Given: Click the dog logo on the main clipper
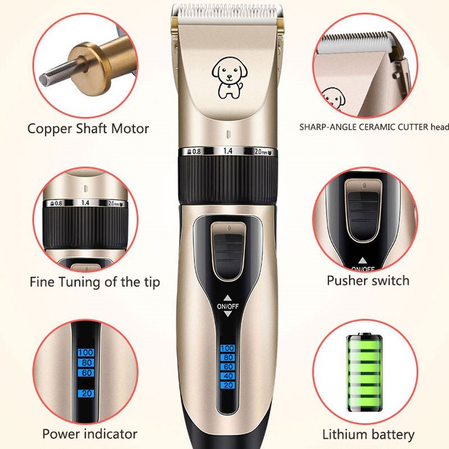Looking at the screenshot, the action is [x=230, y=77].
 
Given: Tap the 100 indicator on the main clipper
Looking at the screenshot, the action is [x=228, y=348].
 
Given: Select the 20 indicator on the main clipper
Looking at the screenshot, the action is [x=228, y=385].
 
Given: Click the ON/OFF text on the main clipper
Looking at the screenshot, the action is [x=228, y=306].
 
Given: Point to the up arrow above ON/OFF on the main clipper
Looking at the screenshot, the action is [x=228, y=298].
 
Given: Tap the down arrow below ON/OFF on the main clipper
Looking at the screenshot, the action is [x=228, y=314].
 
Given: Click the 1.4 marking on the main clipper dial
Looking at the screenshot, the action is [x=228, y=151].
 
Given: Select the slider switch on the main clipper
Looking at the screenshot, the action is [x=228, y=251].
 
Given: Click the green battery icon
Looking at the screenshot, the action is [x=364, y=372].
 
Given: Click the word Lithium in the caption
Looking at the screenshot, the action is [x=343, y=434].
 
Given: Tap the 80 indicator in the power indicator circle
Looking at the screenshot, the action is [x=86, y=363].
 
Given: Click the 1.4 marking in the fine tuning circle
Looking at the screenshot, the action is [x=85, y=203].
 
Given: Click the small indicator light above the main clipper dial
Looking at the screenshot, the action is [x=228, y=134].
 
